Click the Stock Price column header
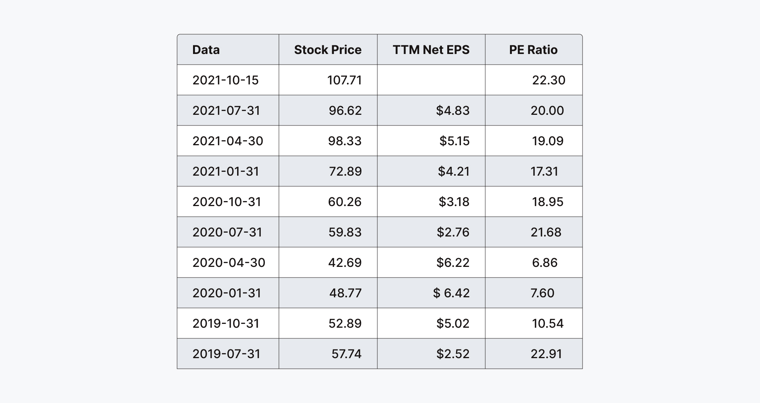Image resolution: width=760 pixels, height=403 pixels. tap(328, 50)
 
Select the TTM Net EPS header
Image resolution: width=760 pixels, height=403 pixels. tap(431, 50)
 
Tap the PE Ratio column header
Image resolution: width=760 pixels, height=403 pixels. tap(533, 50)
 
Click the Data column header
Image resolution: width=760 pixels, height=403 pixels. tap(206, 50)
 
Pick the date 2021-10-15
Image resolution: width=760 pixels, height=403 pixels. tap(225, 80)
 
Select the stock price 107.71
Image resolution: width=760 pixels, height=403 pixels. tap(344, 80)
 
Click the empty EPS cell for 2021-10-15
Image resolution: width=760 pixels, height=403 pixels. tap(431, 80)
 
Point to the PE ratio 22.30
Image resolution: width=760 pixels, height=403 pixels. tap(548, 80)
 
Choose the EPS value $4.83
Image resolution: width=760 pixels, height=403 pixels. tap(453, 111)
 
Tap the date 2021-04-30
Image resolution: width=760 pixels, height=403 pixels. tap(228, 141)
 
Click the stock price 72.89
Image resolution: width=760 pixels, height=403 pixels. tap(345, 171)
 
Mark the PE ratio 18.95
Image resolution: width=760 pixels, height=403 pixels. tap(547, 202)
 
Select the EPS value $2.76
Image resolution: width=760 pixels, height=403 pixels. tap(453, 232)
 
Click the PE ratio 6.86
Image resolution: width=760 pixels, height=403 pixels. tap(545, 263)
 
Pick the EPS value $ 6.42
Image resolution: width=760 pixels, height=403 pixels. tap(451, 293)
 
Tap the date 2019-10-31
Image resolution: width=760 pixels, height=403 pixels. tap(226, 324)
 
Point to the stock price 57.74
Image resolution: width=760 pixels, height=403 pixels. tap(346, 354)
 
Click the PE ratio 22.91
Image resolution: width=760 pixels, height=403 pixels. tap(546, 354)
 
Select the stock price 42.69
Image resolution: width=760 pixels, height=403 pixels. tap(345, 263)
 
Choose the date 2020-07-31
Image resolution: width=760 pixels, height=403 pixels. tap(227, 232)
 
